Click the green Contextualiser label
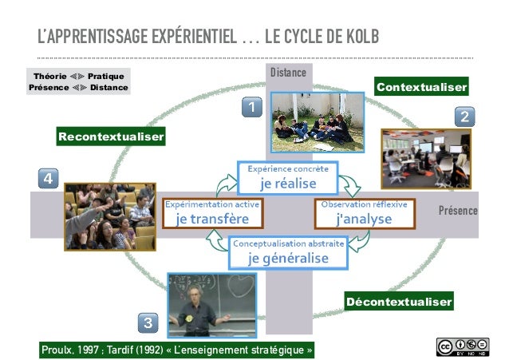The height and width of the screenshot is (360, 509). tap(421, 86)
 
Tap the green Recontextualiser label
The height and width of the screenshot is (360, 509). tap(110, 137)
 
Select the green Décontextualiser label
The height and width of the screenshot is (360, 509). tap(399, 302)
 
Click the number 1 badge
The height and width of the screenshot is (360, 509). tap(251, 106)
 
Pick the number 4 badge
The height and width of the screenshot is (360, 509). tap(48, 178)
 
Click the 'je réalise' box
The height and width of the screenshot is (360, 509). tap(288, 177)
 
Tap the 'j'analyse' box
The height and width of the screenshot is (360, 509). tap(364, 213)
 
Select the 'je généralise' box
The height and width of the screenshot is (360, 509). tap(288, 252)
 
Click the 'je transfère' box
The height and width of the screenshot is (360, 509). tap(212, 213)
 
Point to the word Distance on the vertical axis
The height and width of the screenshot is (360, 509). tap(288, 73)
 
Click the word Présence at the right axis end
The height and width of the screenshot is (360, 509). tap(458, 212)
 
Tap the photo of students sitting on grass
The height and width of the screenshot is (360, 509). tap(317, 122)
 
